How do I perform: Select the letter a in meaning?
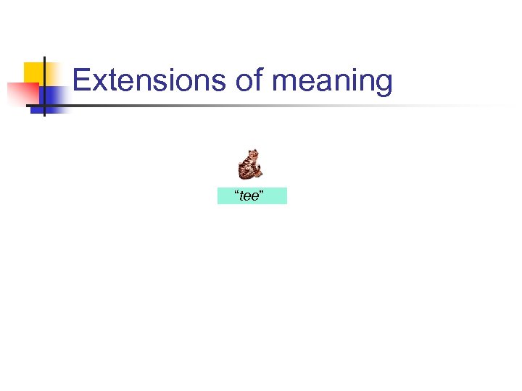326,83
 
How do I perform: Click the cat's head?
253,154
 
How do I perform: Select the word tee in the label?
250,196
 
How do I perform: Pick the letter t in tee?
241,196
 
